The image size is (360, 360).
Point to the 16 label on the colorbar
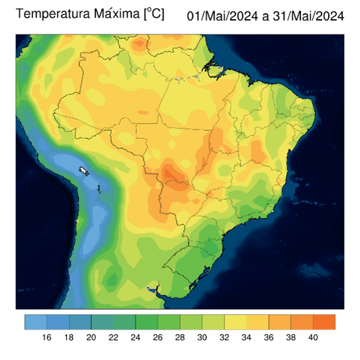[x=46, y=337]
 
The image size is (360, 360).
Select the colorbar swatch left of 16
[x=35, y=321]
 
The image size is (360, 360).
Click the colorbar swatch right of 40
[x=324, y=321]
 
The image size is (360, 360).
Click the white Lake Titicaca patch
[x=84, y=171]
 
